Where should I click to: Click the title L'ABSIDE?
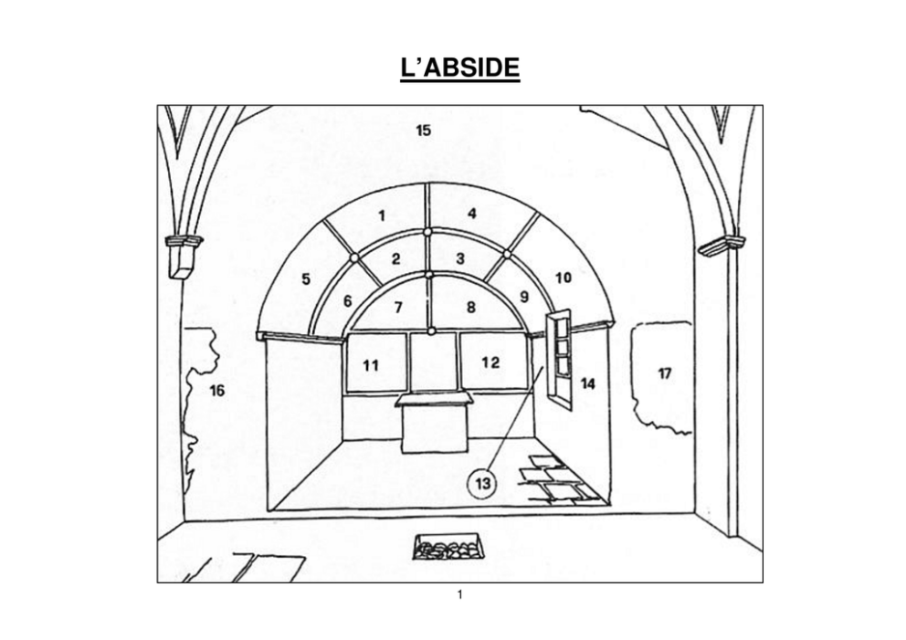click(x=460, y=68)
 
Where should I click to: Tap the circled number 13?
click(x=483, y=483)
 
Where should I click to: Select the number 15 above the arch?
click(x=424, y=131)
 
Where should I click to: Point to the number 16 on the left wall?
click(x=216, y=391)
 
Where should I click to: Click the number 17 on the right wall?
click(x=665, y=373)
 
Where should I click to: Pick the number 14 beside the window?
click(x=587, y=383)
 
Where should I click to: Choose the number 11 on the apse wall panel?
click(x=371, y=365)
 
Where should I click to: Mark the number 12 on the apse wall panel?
click(x=490, y=362)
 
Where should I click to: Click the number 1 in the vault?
click(x=382, y=216)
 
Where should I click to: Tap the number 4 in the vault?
click(x=472, y=214)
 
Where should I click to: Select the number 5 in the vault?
click(x=306, y=279)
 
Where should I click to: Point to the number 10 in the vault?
click(x=564, y=278)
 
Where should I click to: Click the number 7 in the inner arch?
click(x=398, y=308)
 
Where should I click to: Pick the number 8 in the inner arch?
click(x=471, y=308)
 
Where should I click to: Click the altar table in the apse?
click(x=434, y=422)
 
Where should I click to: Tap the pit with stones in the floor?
click(x=448, y=547)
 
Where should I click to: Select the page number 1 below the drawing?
click(x=460, y=594)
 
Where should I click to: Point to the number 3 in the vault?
click(x=460, y=258)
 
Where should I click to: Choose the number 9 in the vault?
click(x=524, y=297)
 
